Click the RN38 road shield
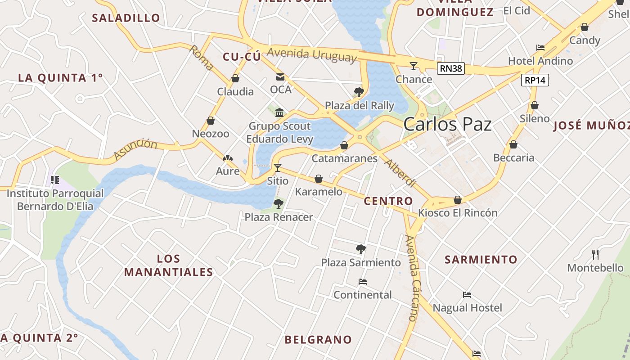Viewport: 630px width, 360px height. (450, 68)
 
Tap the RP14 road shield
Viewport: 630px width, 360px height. (535, 81)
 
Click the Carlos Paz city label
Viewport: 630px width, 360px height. (447, 124)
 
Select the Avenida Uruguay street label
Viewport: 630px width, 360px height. (311, 54)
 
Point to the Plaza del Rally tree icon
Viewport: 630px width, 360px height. (359, 92)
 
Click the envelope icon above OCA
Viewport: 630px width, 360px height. (280, 76)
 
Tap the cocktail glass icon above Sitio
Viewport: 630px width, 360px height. (277, 168)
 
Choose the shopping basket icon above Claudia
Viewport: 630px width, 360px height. (235, 79)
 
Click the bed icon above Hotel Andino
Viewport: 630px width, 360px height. (540, 48)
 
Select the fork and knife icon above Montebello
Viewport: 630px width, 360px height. (595, 255)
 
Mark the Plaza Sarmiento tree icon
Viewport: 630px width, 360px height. (360, 249)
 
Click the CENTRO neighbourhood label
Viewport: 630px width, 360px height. (388, 201)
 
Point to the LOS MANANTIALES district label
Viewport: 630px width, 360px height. (169, 265)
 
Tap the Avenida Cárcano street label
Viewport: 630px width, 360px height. (412, 278)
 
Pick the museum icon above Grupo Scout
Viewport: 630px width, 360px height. (279, 112)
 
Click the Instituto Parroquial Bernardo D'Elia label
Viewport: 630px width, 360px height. (55, 200)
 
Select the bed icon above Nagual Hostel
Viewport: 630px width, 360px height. (467, 295)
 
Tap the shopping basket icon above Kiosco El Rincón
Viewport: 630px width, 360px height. (458, 200)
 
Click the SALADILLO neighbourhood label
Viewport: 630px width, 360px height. (126, 18)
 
